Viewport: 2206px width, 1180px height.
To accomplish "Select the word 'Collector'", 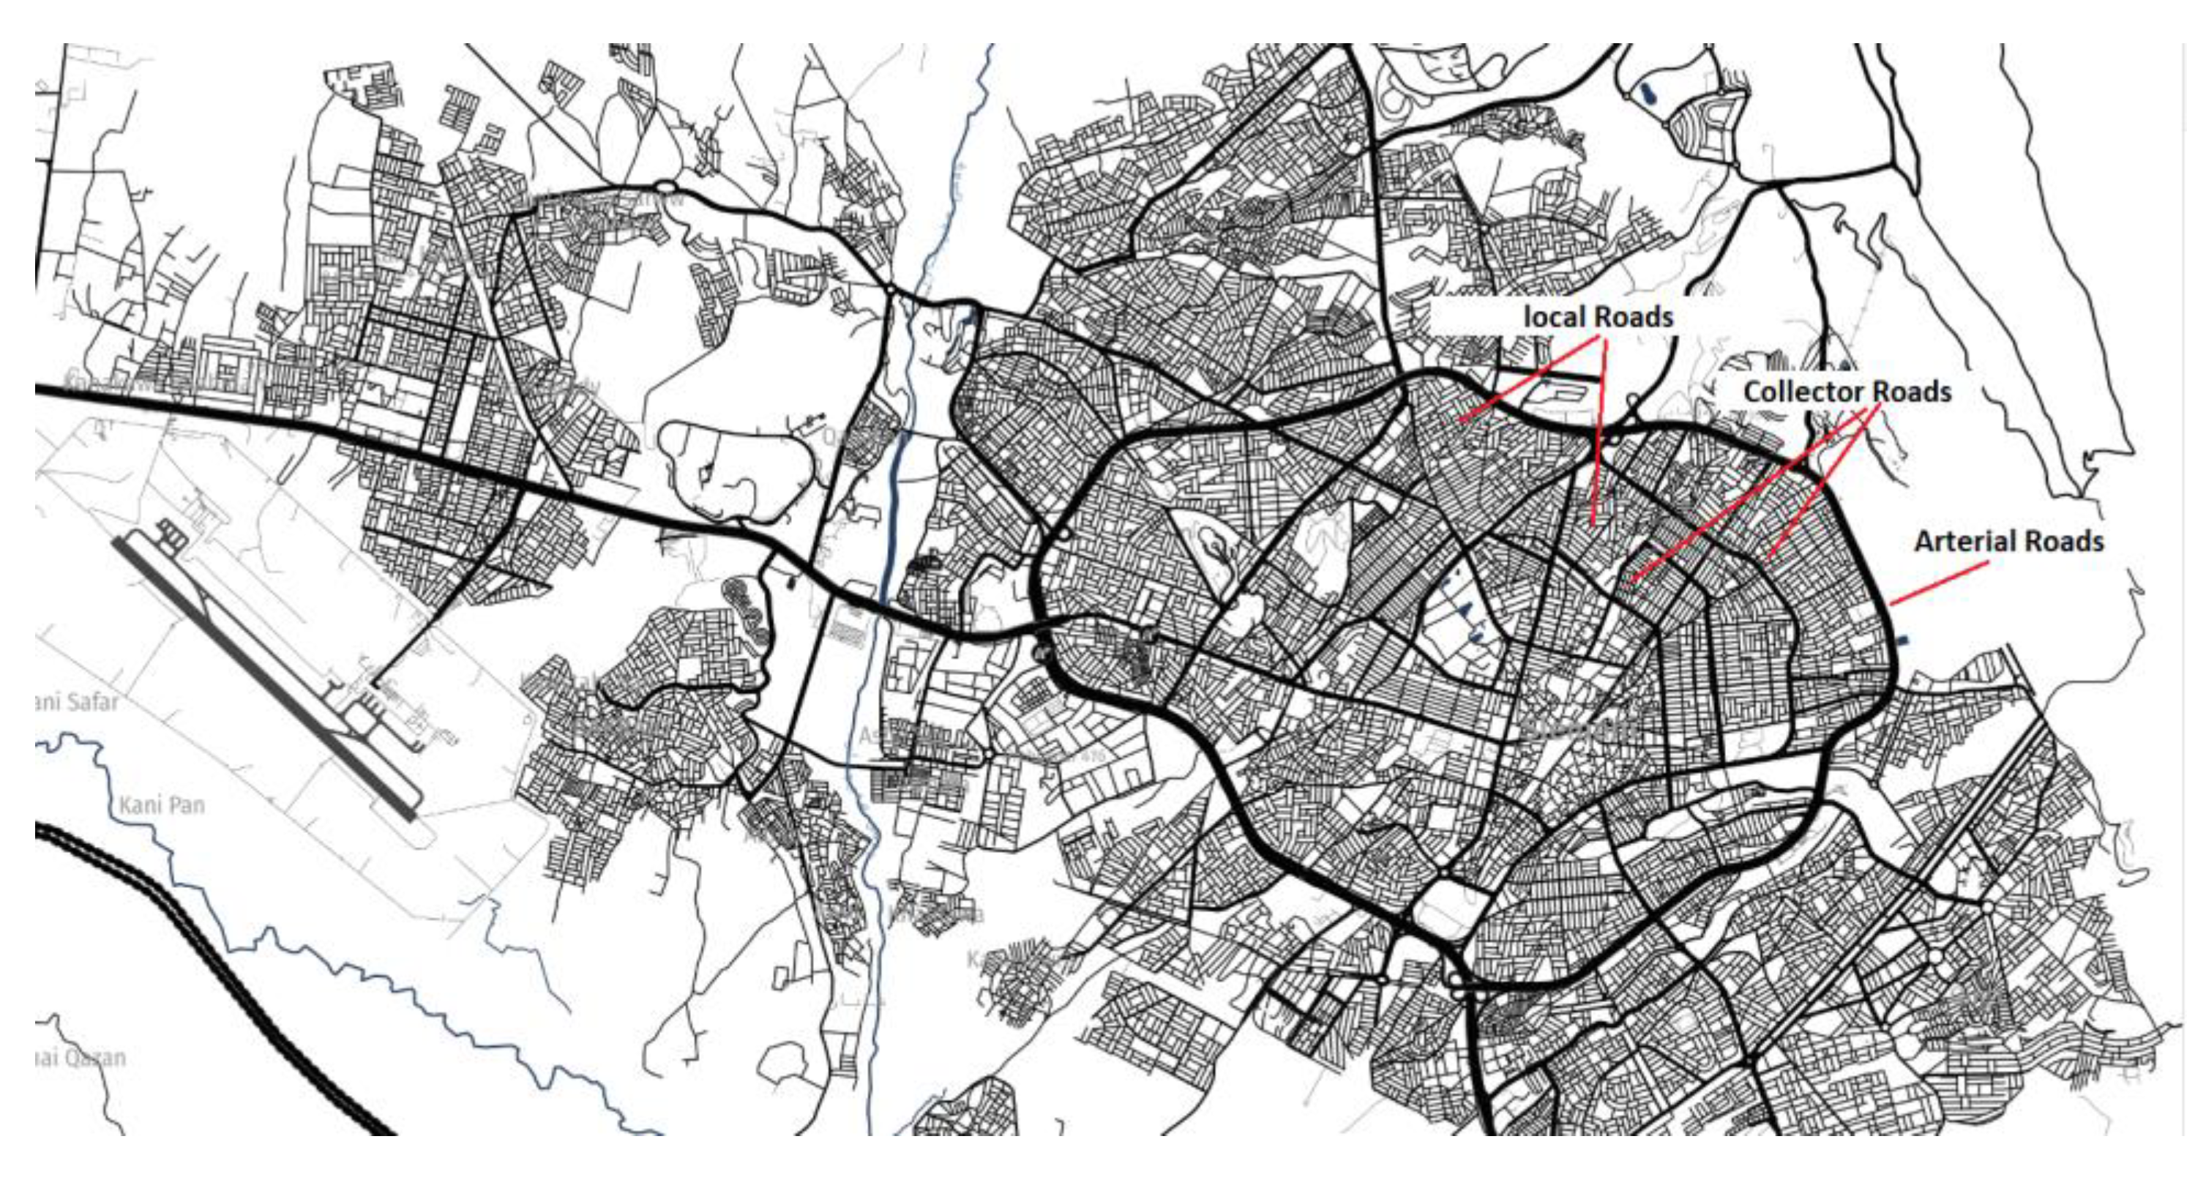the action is coord(1804,392).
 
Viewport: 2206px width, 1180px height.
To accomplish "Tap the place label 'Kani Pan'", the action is coord(162,806).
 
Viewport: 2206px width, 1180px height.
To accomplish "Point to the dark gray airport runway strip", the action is coord(266,676).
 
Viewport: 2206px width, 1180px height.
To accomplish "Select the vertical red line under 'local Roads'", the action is coord(1599,428).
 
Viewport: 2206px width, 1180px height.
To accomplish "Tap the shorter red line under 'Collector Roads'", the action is coord(1820,488).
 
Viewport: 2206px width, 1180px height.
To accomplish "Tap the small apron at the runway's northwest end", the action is coord(171,534).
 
